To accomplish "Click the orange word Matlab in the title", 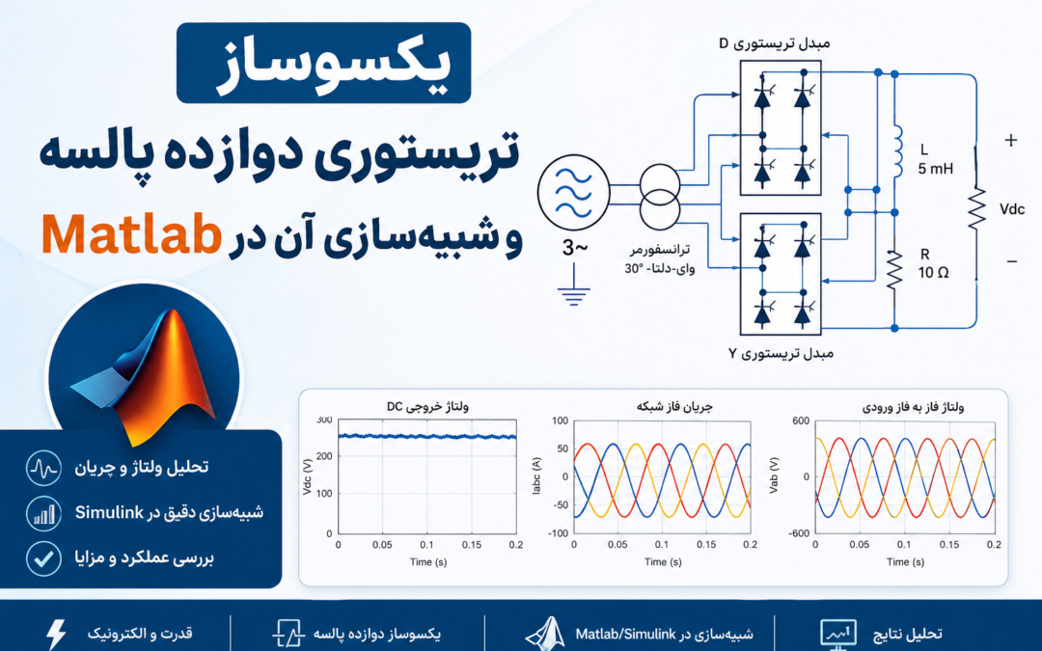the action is click(131, 234).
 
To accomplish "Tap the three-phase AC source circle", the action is click(573, 193).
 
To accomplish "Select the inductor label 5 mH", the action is click(936, 169).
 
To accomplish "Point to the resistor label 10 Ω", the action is click(933, 272).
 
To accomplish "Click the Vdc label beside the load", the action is click(1011, 209).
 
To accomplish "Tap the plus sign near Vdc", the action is click(1011, 140).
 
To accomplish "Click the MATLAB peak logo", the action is click(144, 376).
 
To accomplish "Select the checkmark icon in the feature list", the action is click(43, 558).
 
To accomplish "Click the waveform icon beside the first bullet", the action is click(43, 468).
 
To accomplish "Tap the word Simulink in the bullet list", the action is click(109, 512).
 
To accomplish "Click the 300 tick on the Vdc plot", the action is click(324, 420).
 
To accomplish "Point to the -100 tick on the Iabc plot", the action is click(560, 533).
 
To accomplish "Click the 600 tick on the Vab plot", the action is click(802, 420).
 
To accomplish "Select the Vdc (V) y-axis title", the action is click(307, 477).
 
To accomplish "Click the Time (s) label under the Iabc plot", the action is click(663, 562).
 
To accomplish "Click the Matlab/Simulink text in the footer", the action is click(625, 634).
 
